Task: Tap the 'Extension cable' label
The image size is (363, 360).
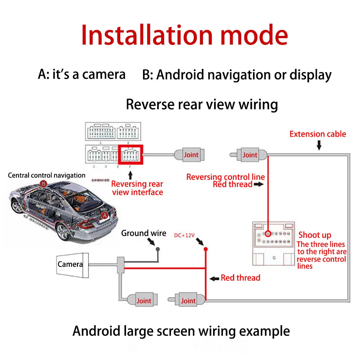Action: tap(318, 134)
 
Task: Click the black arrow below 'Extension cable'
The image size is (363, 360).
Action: tap(319, 146)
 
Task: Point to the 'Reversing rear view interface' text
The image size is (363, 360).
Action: tap(137, 188)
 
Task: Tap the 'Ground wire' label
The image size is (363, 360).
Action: tap(143, 233)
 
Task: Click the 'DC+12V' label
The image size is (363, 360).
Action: tap(184, 236)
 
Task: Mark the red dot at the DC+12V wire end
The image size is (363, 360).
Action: tap(205, 249)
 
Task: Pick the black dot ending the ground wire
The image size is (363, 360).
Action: tap(158, 249)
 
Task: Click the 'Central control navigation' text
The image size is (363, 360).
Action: tap(46, 175)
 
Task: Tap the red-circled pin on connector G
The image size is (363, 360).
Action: tap(268, 233)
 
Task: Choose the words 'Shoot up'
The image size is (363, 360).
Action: tap(315, 235)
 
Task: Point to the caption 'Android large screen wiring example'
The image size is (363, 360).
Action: tap(181, 331)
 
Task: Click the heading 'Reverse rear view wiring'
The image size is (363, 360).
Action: tap(202, 104)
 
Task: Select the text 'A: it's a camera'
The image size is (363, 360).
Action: tap(82, 74)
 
